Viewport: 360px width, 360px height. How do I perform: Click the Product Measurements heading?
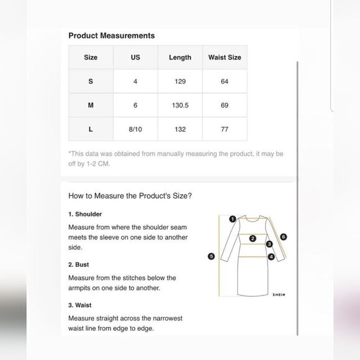click(112, 35)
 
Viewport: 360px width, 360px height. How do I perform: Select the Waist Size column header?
click(225, 57)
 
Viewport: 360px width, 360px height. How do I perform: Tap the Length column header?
click(180, 57)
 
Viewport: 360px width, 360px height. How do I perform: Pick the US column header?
click(135, 57)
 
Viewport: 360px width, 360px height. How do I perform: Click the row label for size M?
click(91, 105)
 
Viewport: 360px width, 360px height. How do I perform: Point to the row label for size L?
click(91, 129)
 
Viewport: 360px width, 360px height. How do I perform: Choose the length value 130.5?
click(180, 105)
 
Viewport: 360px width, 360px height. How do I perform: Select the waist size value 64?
click(225, 81)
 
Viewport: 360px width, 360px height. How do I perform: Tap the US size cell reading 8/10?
click(135, 129)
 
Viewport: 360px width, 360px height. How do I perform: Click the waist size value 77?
click(225, 129)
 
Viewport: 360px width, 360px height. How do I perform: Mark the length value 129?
click(180, 81)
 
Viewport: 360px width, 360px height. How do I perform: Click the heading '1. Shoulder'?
click(85, 214)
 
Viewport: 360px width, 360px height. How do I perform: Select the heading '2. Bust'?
click(79, 264)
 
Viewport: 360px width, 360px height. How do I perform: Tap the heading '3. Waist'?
click(79, 305)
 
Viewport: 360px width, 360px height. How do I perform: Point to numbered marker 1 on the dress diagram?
click(233, 219)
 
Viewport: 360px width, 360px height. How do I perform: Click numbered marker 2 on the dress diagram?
click(253, 238)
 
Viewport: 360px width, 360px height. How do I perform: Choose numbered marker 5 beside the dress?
click(211, 256)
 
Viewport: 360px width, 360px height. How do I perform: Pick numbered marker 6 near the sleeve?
click(284, 236)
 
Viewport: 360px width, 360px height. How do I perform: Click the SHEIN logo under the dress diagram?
click(279, 295)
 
